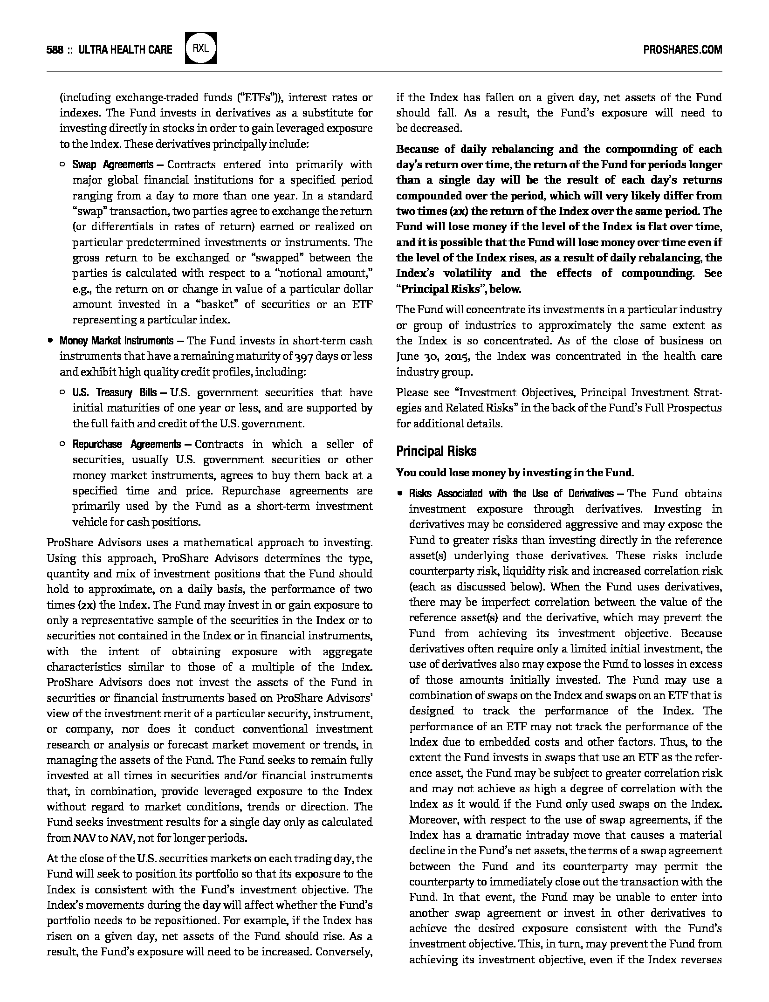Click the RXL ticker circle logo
pyautogui.click(x=200, y=48)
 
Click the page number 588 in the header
pyautogui.click(x=55, y=50)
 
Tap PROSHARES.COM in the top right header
pyautogui.click(x=682, y=50)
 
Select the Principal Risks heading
pyautogui.click(x=436, y=451)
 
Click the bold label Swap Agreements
pyautogui.click(x=112, y=165)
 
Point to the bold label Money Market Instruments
pyautogui.click(x=116, y=341)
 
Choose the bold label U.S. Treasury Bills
pyautogui.click(x=114, y=392)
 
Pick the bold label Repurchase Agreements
pyautogui.click(x=126, y=444)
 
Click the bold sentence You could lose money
pyautogui.click(x=515, y=473)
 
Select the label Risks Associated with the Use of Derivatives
pyautogui.click(x=511, y=494)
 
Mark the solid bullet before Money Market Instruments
pyautogui.click(x=50, y=341)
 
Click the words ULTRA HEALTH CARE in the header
pyautogui.click(x=125, y=50)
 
